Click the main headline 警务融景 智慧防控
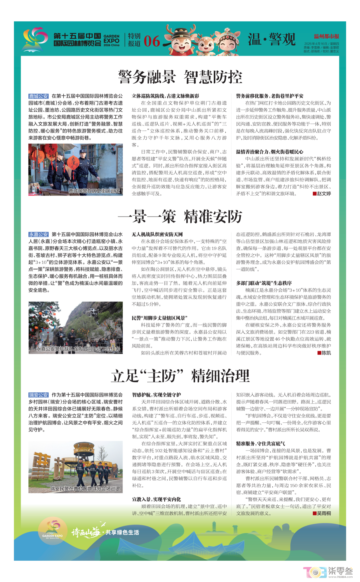click(180, 77)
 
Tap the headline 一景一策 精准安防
click(180, 217)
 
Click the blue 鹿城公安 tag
click(38, 96)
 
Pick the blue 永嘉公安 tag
click(38, 235)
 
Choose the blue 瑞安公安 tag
click(38, 395)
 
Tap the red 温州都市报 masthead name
click(326, 36)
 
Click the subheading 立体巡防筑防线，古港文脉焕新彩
click(165, 96)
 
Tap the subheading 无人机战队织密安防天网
click(157, 235)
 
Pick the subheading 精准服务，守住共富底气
click(260, 443)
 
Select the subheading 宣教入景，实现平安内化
click(156, 499)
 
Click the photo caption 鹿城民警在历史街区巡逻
click(94, 191)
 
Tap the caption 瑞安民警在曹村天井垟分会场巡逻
click(85, 489)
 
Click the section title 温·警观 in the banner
click(272, 39)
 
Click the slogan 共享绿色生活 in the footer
click(122, 532)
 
